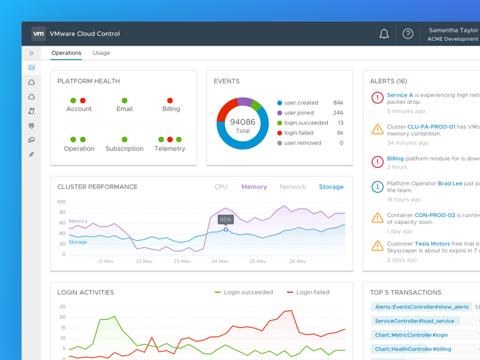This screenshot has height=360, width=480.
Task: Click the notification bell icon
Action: (x=384, y=34)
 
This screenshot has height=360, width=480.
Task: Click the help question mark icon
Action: (x=408, y=34)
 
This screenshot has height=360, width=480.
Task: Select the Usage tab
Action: (x=101, y=53)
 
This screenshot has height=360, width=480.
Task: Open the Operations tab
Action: (x=66, y=53)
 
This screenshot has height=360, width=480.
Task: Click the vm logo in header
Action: (x=38, y=34)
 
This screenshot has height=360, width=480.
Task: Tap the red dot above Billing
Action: (x=170, y=101)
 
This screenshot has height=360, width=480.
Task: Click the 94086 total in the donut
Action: (x=242, y=122)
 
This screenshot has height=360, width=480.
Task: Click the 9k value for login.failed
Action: (x=340, y=133)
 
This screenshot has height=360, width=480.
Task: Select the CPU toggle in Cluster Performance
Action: (x=221, y=187)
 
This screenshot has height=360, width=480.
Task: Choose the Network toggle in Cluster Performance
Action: (x=293, y=187)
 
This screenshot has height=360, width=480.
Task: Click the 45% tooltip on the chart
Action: (x=226, y=220)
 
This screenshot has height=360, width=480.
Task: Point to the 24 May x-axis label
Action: (x=220, y=261)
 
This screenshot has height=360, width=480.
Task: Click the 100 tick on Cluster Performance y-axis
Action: (x=62, y=202)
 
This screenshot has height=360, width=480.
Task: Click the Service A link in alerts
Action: (x=400, y=95)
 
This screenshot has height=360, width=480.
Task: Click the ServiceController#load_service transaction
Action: (x=415, y=321)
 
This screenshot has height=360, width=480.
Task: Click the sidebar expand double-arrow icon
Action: (x=31, y=53)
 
